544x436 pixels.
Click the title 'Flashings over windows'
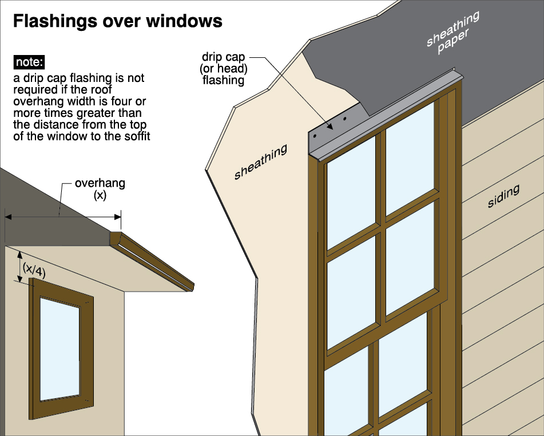pyautogui.click(x=117, y=22)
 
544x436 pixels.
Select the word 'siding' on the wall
pyautogui.click(x=503, y=196)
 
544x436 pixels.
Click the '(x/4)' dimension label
pyautogui.click(x=34, y=269)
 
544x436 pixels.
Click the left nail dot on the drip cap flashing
pyautogui.click(x=315, y=135)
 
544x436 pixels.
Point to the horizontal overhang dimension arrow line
pyautogui.click(x=63, y=217)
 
